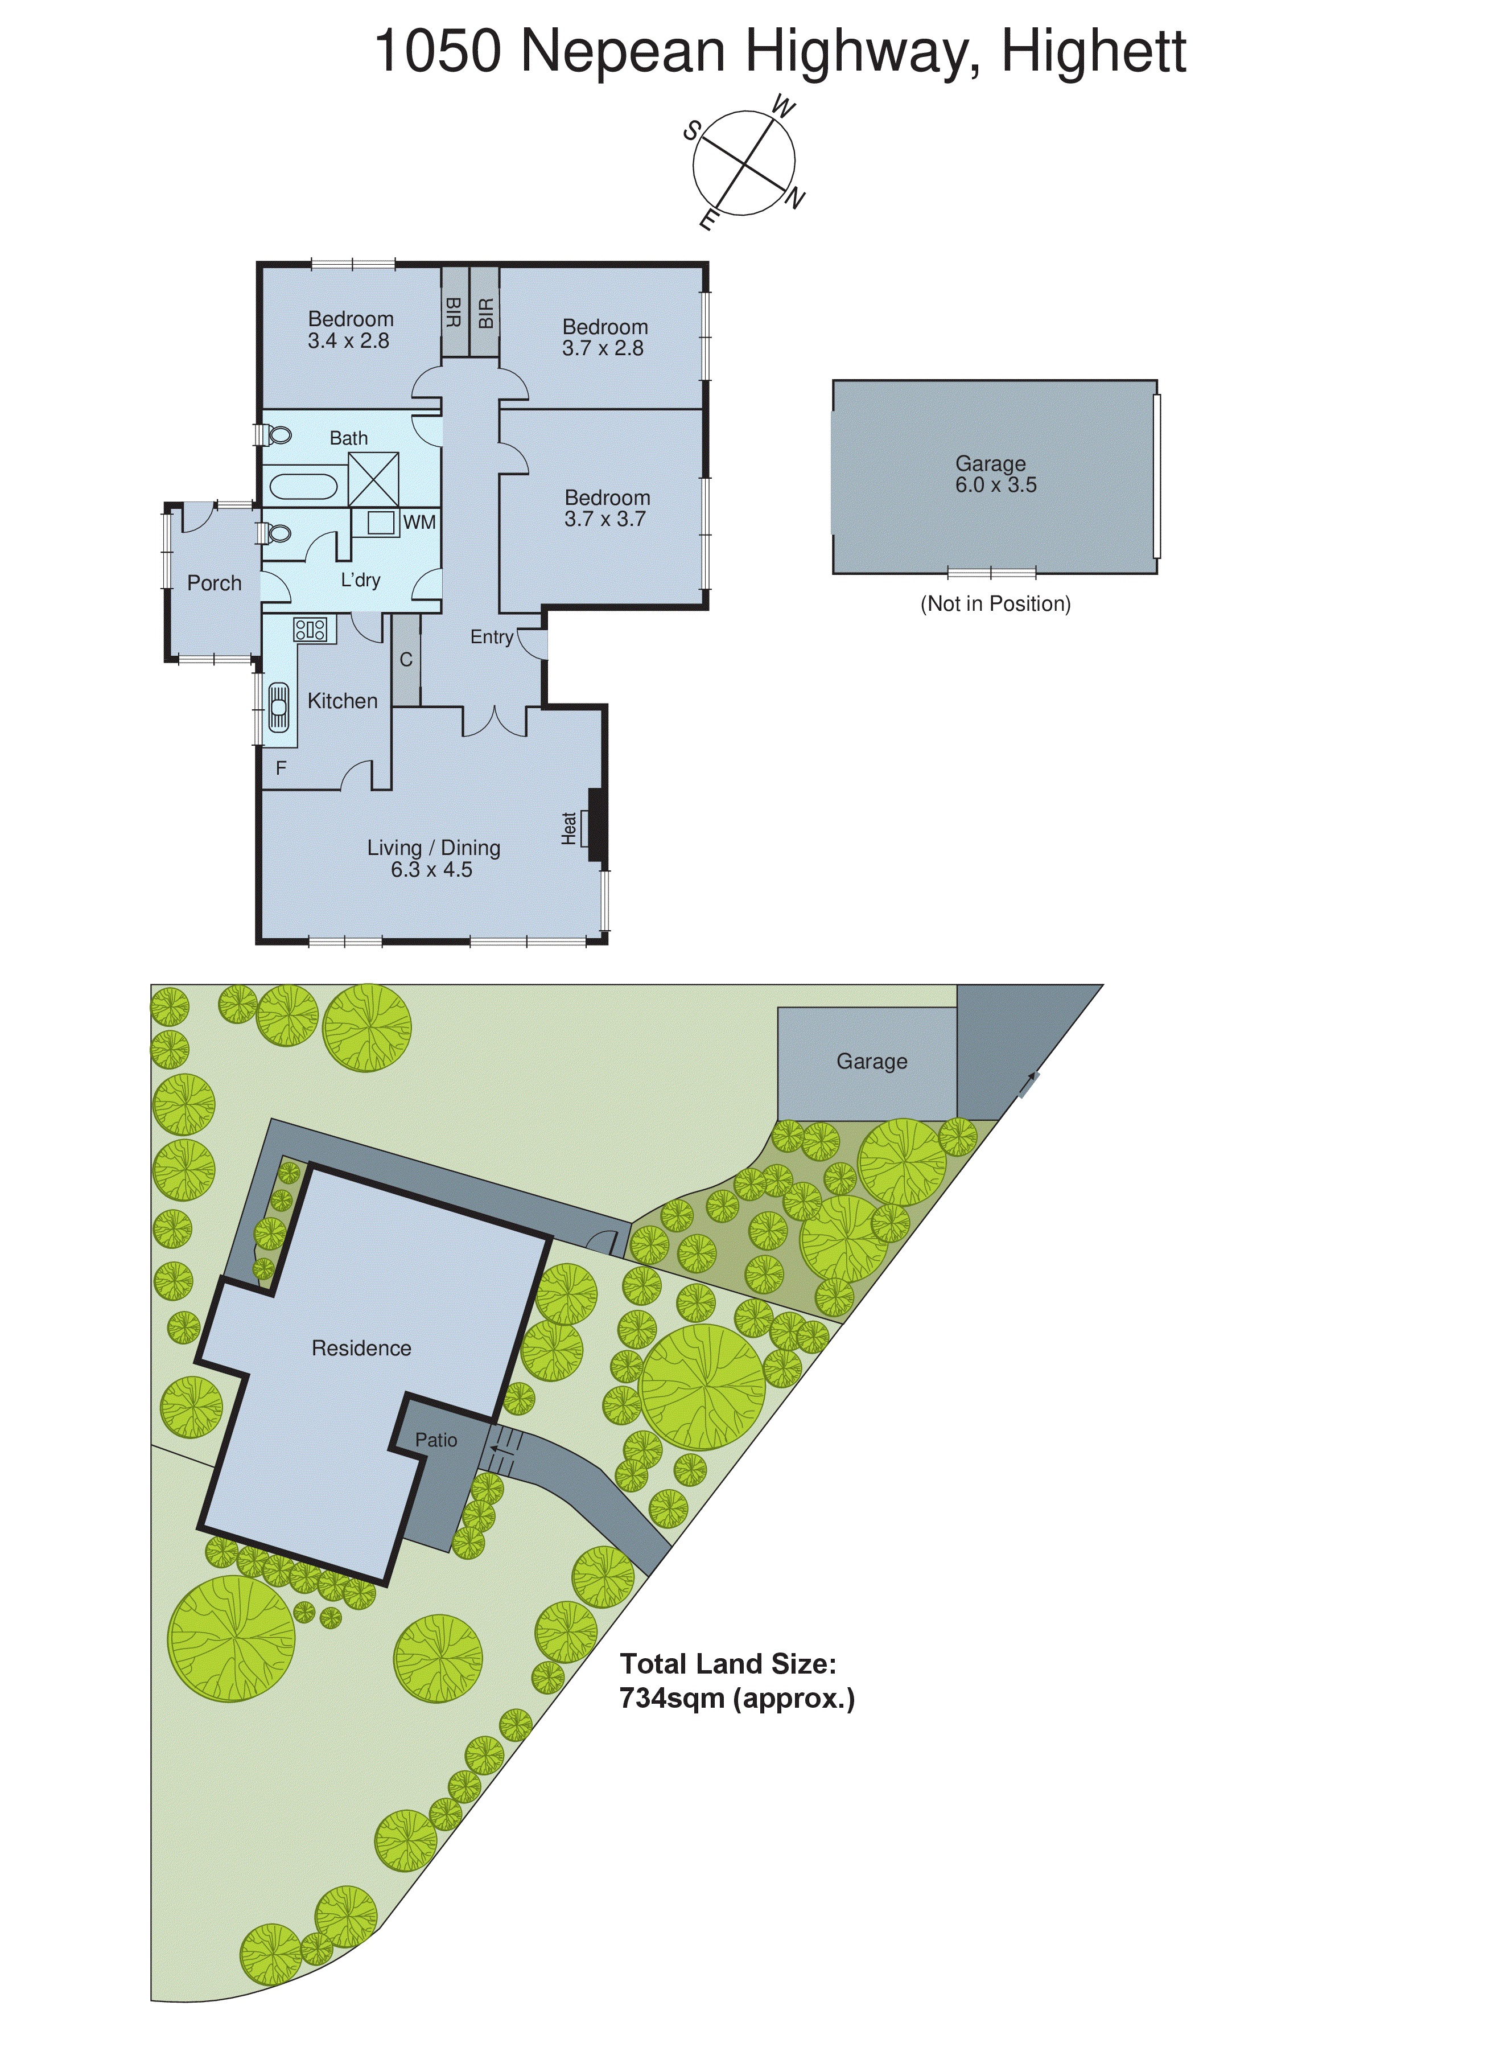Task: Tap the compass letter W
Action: coord(783,108)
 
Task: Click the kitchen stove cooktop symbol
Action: coord(310,629)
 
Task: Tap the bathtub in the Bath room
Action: coord(303,486)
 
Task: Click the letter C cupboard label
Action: coord(406,659)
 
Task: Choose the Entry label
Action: coord(491,638)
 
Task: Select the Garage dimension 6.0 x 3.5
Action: coord(996,486)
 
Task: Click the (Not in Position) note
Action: coord(995,603)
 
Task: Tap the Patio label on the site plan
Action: coord(436,1440)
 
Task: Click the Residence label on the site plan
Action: coord(361,1347)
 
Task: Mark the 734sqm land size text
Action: coord(737,1698)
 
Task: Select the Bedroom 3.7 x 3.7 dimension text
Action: coord(605,520)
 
